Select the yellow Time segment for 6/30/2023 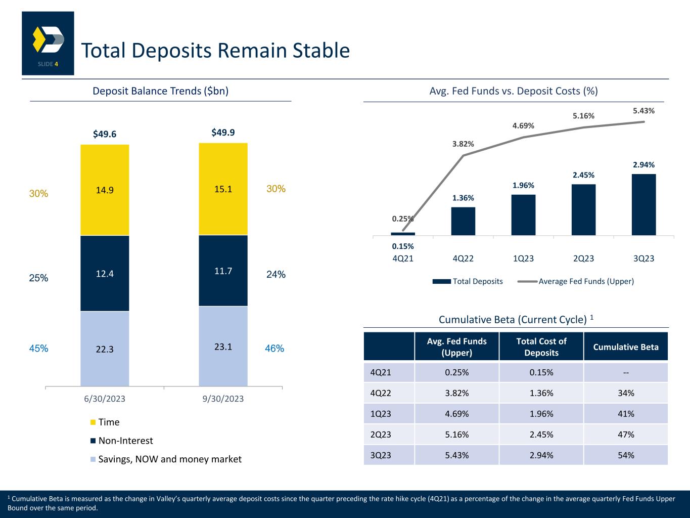coord(105,190)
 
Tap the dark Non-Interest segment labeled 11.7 coord(223,271)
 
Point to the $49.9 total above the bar coord(223,133)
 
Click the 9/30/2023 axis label coord(223,399)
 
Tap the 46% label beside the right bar coord(274,349)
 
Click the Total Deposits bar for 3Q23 coord(643,204)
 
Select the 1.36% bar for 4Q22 coord(463,221)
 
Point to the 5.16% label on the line coord(583,116)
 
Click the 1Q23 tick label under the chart coord(523,258)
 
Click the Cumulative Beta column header coord(626,347)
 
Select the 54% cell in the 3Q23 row coord(626,455)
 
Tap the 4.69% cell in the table coord(456,414)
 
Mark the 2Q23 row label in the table coord(381,435)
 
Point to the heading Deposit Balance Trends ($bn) coord(160,91)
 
